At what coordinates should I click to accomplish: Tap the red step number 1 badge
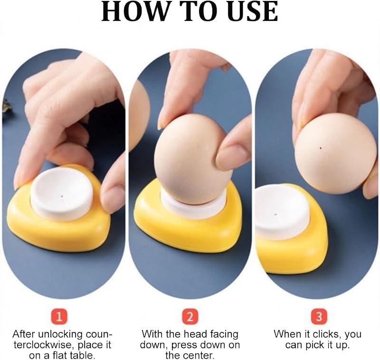point(59,317)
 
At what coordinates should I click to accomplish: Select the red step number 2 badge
point(190,317)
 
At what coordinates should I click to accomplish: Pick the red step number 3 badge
point(319,317)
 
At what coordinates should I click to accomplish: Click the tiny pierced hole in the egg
point(321,148)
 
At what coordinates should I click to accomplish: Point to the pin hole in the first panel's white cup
point(62,196)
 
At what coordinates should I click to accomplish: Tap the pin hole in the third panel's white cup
point(275,215)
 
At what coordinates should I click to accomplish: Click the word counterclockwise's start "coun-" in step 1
point(99,334)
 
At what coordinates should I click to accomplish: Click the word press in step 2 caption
point(176,345)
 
